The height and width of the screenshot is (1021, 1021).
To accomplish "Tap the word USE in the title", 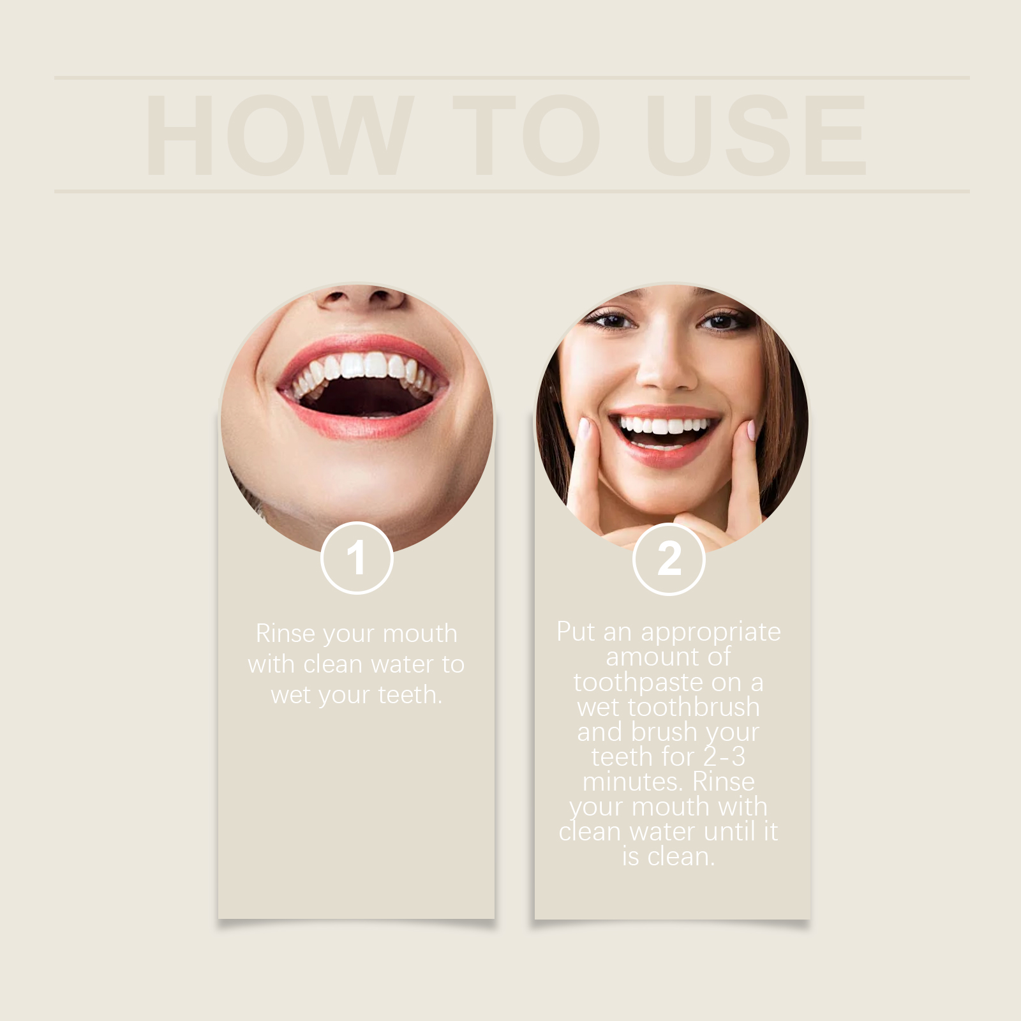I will (756, 135).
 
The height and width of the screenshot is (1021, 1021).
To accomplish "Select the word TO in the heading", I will (526, 135).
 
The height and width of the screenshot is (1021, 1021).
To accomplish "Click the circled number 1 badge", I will (357, 558).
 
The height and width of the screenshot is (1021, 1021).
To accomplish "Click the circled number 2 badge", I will (669, 559).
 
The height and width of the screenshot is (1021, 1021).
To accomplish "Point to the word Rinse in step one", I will (285, 634).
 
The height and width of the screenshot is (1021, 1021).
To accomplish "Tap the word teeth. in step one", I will (410, 695).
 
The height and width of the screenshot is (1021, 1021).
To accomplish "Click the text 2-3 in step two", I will (724, 757).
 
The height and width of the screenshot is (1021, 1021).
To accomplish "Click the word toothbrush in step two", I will (694, 708).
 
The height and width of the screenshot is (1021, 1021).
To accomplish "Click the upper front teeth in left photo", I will (364, 366).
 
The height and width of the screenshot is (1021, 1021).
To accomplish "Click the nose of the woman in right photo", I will (666, 370).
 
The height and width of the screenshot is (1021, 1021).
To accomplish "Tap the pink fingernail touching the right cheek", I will (751, 430).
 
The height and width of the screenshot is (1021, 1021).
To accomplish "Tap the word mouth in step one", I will (420, 634).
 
